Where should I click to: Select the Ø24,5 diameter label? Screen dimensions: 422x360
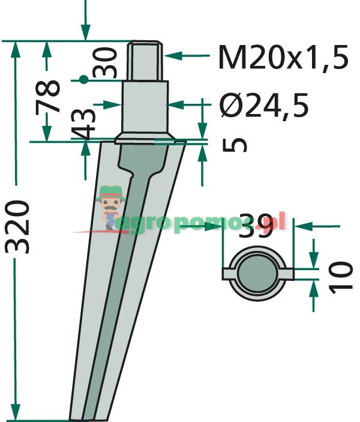click(x=264, y=106)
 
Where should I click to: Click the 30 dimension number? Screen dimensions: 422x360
click(x=107, y=62)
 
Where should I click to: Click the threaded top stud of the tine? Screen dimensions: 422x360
click(x=146, y=61)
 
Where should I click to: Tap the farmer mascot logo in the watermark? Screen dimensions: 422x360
click(x=111, y=206)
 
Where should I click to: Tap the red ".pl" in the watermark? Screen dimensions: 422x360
click(x=277, y=223)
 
